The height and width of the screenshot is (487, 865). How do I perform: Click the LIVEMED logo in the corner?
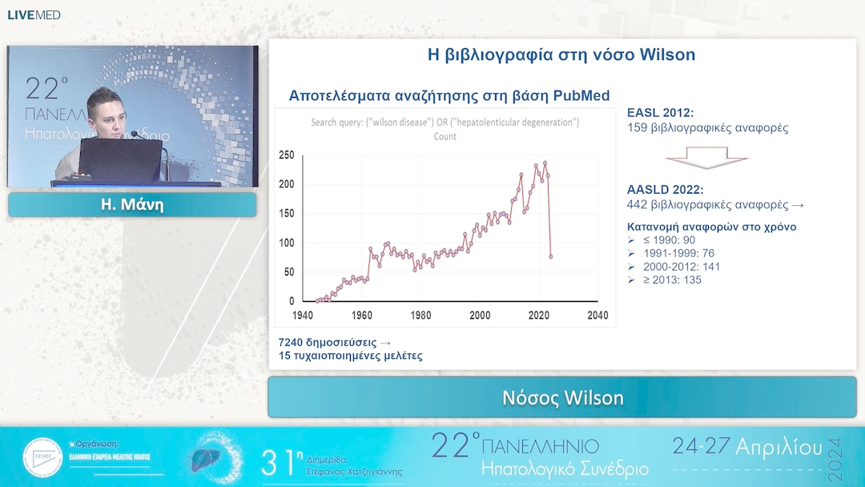point(34,14)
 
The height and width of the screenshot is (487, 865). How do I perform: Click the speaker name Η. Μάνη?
point(131,205)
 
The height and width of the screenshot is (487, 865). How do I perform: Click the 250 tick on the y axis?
point(286,155)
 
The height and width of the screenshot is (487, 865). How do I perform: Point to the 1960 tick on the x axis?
point(361,316)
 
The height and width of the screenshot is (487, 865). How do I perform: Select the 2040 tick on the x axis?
point(597,316)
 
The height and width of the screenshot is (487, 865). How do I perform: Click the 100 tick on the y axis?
point(286,243)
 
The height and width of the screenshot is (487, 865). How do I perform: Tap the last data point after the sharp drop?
point(551,256)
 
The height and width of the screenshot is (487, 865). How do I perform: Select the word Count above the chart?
point(445,136)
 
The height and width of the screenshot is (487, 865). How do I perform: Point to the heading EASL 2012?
point(660,113)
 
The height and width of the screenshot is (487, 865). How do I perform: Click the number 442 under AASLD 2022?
point(638,205)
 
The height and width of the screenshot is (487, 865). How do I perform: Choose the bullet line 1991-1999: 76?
point(678,253)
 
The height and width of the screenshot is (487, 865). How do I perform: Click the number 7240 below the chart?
point(292,342)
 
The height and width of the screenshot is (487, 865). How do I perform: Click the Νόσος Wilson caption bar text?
point(562,398)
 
